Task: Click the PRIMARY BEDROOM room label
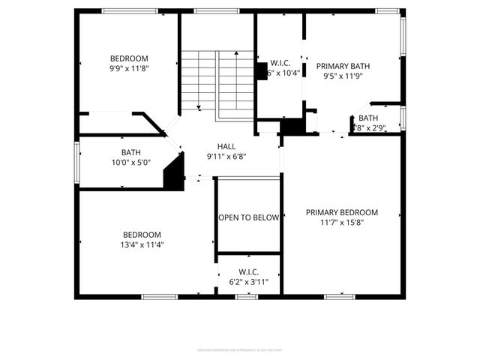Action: (341, 212)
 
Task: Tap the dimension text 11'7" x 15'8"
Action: (341, 222)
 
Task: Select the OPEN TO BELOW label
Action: (248, 217)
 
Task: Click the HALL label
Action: (226, 146)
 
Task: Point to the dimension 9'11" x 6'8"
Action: (226, 156)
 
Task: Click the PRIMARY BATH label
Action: (346, 66)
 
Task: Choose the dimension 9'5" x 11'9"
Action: (346, 76)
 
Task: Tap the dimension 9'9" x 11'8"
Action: (129, 68)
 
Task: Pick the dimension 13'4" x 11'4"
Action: (142, 244)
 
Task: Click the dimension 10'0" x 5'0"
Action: (131, 162)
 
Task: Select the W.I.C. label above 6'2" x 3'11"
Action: (248, 271)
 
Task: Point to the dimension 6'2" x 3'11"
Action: (248, 281)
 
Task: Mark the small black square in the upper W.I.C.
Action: (262, 70)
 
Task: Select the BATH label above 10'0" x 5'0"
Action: (131, 152)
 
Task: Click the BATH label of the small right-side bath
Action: (367, 118)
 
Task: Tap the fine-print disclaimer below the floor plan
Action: (240, 349)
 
